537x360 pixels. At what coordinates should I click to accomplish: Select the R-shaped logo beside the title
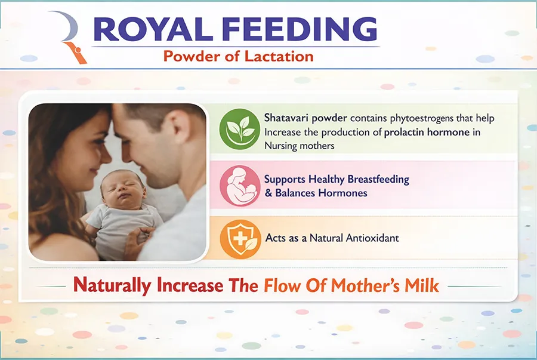(69, 37)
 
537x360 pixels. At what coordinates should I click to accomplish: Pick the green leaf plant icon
(240, 129)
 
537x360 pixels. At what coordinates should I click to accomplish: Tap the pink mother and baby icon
(240, 185)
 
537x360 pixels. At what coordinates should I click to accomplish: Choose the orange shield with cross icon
(240, 239)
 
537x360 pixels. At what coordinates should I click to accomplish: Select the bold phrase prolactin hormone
(427, 132)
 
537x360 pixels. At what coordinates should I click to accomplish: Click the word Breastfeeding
(378, 179)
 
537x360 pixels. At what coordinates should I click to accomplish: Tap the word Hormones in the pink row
(342, 193)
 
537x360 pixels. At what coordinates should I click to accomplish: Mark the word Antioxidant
(372, 238)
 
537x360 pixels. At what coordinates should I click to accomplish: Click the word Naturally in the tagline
(112, 285)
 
